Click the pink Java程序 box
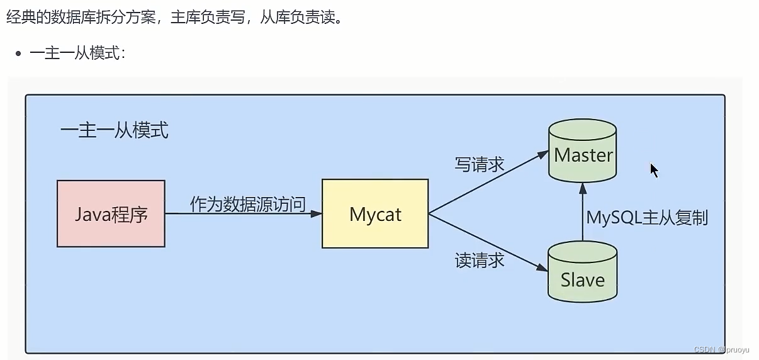click(x=111, y=213)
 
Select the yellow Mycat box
click(x=375, y=213)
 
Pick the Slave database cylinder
click(x=582, y=273)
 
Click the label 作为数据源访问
click(x=248, y=204)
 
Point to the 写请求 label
click(x=480, y=164)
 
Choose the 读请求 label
click(x=480, y=260)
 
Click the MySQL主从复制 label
click(x=648, y=218)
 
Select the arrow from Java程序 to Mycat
click(x=242, y=214)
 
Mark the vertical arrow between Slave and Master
click(x=582, y=211)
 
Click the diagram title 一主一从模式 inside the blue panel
click(x=115, y=130)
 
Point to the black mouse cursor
click(x=654, y=170)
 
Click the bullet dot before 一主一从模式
click(x=19, y=53)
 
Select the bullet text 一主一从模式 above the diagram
click(x=77, y=53)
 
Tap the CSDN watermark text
click(x=718, y=349)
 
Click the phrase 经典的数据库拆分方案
click(x=81, y=17)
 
